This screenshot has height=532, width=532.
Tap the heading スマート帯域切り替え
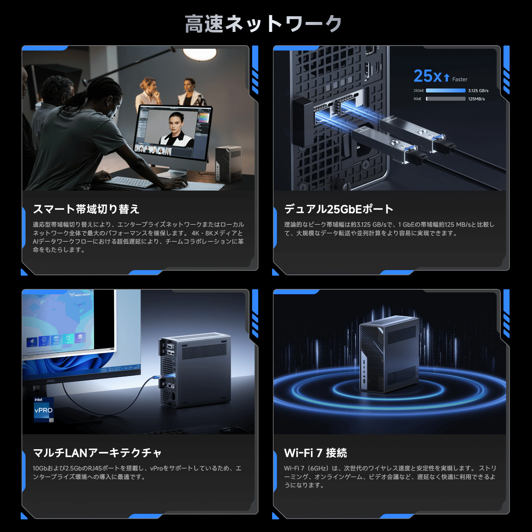coord(86,209)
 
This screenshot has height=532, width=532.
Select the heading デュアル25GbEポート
coord(338,209)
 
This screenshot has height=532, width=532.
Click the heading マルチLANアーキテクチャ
coord(97,453)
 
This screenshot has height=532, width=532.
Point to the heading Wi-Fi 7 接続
coord(315,453)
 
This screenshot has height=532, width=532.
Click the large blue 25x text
coord(428,76)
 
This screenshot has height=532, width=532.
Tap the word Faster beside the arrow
coord(460,79)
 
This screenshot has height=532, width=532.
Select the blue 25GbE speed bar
coord(446,90)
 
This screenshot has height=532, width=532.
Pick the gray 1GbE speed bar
coord(446,99)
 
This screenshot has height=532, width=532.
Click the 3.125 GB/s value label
coord(478,91)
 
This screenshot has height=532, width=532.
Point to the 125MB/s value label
coord(476,99)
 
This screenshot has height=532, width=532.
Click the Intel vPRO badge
coord(44,409)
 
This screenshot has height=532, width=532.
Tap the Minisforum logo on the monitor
coord(80,295)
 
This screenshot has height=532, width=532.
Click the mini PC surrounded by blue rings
coord(389,354)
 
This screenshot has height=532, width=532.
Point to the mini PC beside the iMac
coord(228,164)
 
